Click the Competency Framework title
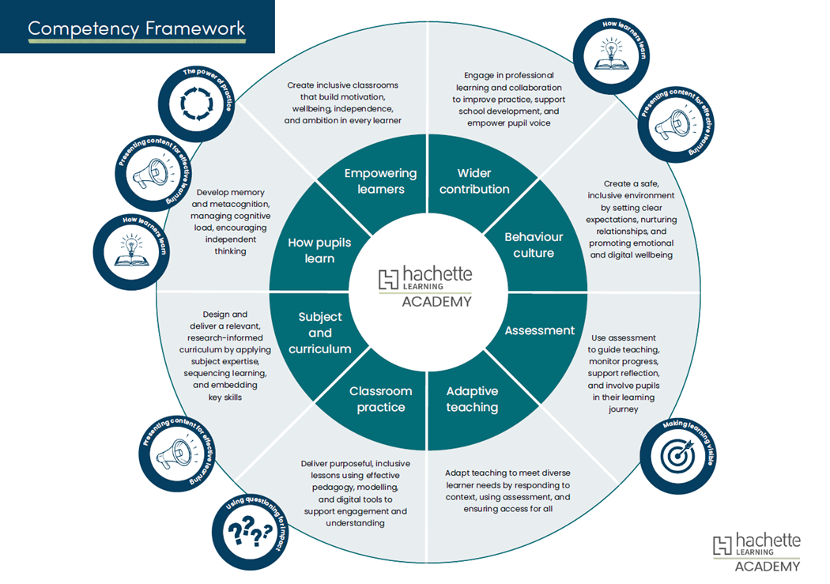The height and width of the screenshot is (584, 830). click(x=137, y=29)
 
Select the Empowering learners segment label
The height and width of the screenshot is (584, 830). click(x=380, y=181)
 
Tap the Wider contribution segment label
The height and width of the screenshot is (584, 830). click(x=474, y=181)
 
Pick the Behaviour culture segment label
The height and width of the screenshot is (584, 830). click(x=534, y=245)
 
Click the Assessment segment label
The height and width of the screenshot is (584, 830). click(x=540, y=330)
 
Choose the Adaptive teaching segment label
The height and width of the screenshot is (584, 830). click(x=472, y=399)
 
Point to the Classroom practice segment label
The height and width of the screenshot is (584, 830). click(x=380, y=399)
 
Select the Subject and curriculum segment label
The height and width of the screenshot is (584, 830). click(x=319, y=333)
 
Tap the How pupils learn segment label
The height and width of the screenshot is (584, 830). click(x=319, y=250)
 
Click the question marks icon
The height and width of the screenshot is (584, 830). click(x=248, y=533)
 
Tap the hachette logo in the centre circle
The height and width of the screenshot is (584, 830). click(x=426, y=285)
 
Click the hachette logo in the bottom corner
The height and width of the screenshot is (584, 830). click(x=756, y=550)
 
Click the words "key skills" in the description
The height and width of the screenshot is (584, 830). click(x=225, y=397)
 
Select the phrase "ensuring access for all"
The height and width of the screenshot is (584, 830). click(x=508, y=509)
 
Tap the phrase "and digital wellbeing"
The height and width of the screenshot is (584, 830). click(x=630, y=255)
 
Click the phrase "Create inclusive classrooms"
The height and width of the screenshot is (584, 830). click(x=341, y=85)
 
